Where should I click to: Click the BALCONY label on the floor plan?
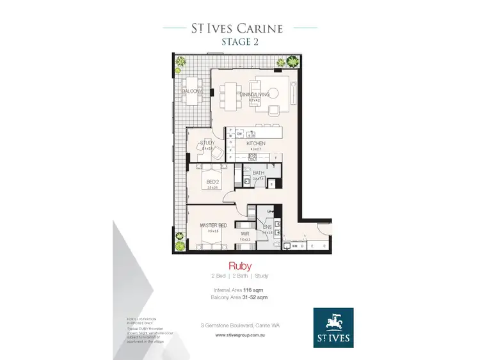(191, 91)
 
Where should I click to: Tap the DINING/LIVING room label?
(254, 95)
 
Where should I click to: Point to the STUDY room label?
(207, 143)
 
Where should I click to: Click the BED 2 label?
(213, 182)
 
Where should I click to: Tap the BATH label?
(259, 173)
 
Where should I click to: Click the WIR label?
(244, 234)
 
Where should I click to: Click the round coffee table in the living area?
(273, 90)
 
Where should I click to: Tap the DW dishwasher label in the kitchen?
(239, 134)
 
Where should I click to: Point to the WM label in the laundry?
(294, 246)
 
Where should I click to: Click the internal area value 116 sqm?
(254, 290)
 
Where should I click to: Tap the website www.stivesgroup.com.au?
(239, 334)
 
